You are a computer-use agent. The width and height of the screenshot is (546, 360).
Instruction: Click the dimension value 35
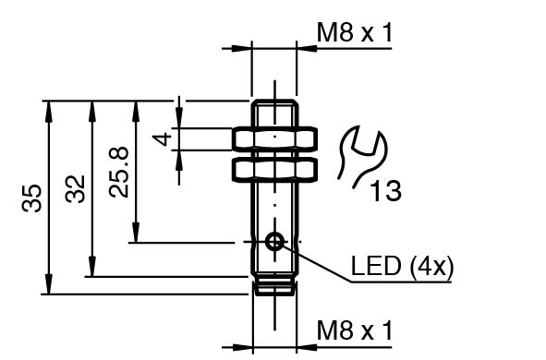pos(31,198)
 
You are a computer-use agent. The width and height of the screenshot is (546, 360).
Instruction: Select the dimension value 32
pos(76,189)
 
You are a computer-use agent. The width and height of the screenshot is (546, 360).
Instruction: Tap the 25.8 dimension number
pos(119,173)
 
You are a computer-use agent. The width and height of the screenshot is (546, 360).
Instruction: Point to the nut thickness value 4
pos(163,138)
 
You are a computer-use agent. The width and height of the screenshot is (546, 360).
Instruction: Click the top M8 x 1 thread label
pos(355,32)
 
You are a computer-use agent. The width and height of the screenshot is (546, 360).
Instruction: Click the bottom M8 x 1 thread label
pos(355,330)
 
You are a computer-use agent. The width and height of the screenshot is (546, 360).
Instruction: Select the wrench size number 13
pos(385,191)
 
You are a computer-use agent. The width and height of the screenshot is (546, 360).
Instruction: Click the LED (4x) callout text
pos(402,267)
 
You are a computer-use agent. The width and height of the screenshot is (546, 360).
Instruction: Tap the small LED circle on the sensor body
pos(274,242)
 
